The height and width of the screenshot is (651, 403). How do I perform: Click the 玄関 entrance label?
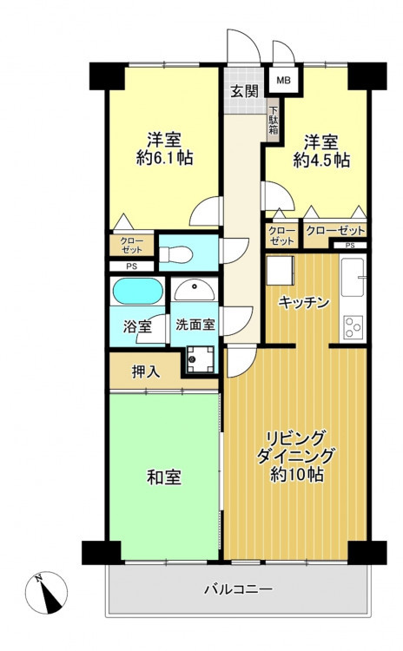pos(245,91)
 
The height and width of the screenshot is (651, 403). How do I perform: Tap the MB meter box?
pos(284,80)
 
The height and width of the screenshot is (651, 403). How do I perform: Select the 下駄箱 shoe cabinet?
pos(273,120)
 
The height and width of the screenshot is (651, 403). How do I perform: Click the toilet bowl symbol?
pos(176,254)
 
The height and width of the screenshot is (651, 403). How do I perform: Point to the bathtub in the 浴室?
pos(137,291)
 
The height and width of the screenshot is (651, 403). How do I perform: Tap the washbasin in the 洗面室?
pos(195,290)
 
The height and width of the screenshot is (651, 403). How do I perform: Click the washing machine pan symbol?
pos(201,358)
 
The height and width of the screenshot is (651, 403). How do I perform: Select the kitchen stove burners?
pos(353,327)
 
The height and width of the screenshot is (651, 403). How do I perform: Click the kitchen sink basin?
pos(353,277)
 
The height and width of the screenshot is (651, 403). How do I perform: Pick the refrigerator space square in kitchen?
pos(280,270)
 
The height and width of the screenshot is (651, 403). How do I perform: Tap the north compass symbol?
pos(46,593)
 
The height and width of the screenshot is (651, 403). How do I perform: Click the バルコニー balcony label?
pos(239,589)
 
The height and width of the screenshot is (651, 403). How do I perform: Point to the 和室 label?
pos(164,477)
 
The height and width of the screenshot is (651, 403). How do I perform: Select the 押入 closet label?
pos(145,372)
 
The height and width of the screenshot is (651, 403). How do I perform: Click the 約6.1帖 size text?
pos(164,158)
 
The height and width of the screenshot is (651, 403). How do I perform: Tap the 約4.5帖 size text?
pos(321,160)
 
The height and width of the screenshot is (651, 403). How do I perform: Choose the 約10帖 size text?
pos(297,474)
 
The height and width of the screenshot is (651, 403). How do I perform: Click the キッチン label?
pos(304,302)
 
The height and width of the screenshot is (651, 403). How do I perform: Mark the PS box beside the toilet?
pos(131,266)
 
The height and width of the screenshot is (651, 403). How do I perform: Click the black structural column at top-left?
pos(107,76)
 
